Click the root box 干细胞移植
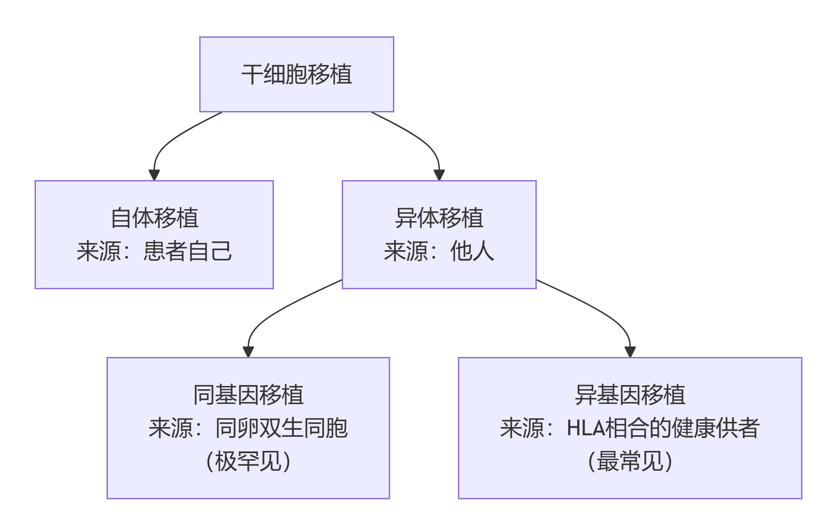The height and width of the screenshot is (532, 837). pos(297,74)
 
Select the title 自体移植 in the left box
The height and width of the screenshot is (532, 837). pos(154,218)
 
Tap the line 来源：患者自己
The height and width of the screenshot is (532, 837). pos(154,251)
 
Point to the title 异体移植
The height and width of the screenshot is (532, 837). pos(439,218)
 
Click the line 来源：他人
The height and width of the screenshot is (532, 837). pos(439,251)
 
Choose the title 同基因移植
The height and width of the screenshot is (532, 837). pos(248,395)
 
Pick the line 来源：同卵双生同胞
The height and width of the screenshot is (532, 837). pos(248,428)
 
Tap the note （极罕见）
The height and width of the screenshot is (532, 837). pos(248,462)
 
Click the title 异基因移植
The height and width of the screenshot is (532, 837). pos(630,395)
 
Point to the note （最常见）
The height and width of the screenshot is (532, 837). pos(630,462)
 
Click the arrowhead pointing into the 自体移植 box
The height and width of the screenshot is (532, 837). pos(154,175)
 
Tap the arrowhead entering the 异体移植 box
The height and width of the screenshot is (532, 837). pos(439,175)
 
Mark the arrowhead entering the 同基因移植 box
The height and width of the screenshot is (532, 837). pos(248,352)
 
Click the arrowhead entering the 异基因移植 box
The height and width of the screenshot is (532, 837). pos(630,352)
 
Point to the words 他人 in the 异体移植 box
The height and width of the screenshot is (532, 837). pos(472,251)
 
